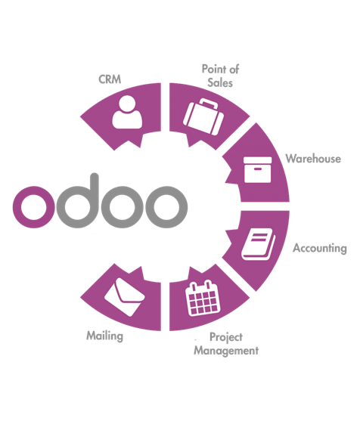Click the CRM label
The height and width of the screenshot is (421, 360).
tap(110, 79)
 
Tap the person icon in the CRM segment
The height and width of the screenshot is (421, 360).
tap(127, 112)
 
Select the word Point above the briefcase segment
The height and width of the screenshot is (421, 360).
tap(213, 69)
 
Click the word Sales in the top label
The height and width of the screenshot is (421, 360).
tap(220, 82)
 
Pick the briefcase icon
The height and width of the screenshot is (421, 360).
tap(203, 116)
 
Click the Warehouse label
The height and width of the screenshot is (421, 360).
tap(313, 159)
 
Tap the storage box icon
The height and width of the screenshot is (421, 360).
tap(257, 170)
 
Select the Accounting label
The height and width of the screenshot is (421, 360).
tap(320, 248)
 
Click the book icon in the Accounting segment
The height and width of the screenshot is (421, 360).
tap(258, 244)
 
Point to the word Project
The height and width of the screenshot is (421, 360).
tap(226, 337)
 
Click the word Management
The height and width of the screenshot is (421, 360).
tap(226, 351)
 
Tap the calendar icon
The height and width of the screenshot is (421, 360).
tap(203, 298)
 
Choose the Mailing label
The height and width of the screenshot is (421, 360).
tap(105, 336)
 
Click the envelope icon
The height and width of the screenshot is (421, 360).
tap(124, 297)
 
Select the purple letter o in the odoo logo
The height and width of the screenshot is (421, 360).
tap(34, 207)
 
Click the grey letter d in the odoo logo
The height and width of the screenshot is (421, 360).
tap(78, 201)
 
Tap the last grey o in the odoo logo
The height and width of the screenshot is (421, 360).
tap(166, 207)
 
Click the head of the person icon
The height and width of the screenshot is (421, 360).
tap(127, 104)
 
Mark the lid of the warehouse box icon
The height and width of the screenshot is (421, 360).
tap(257, 160)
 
